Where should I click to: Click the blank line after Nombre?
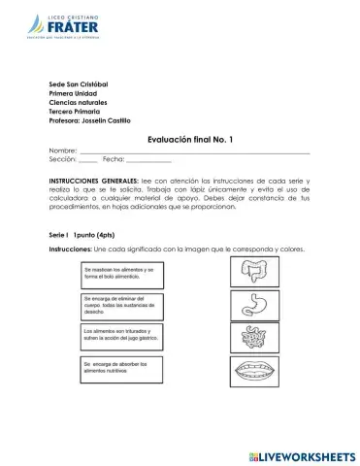click(194, 152)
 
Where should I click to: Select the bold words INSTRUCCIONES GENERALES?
click(93, 182)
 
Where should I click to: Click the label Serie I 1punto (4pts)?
click(86, 236)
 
